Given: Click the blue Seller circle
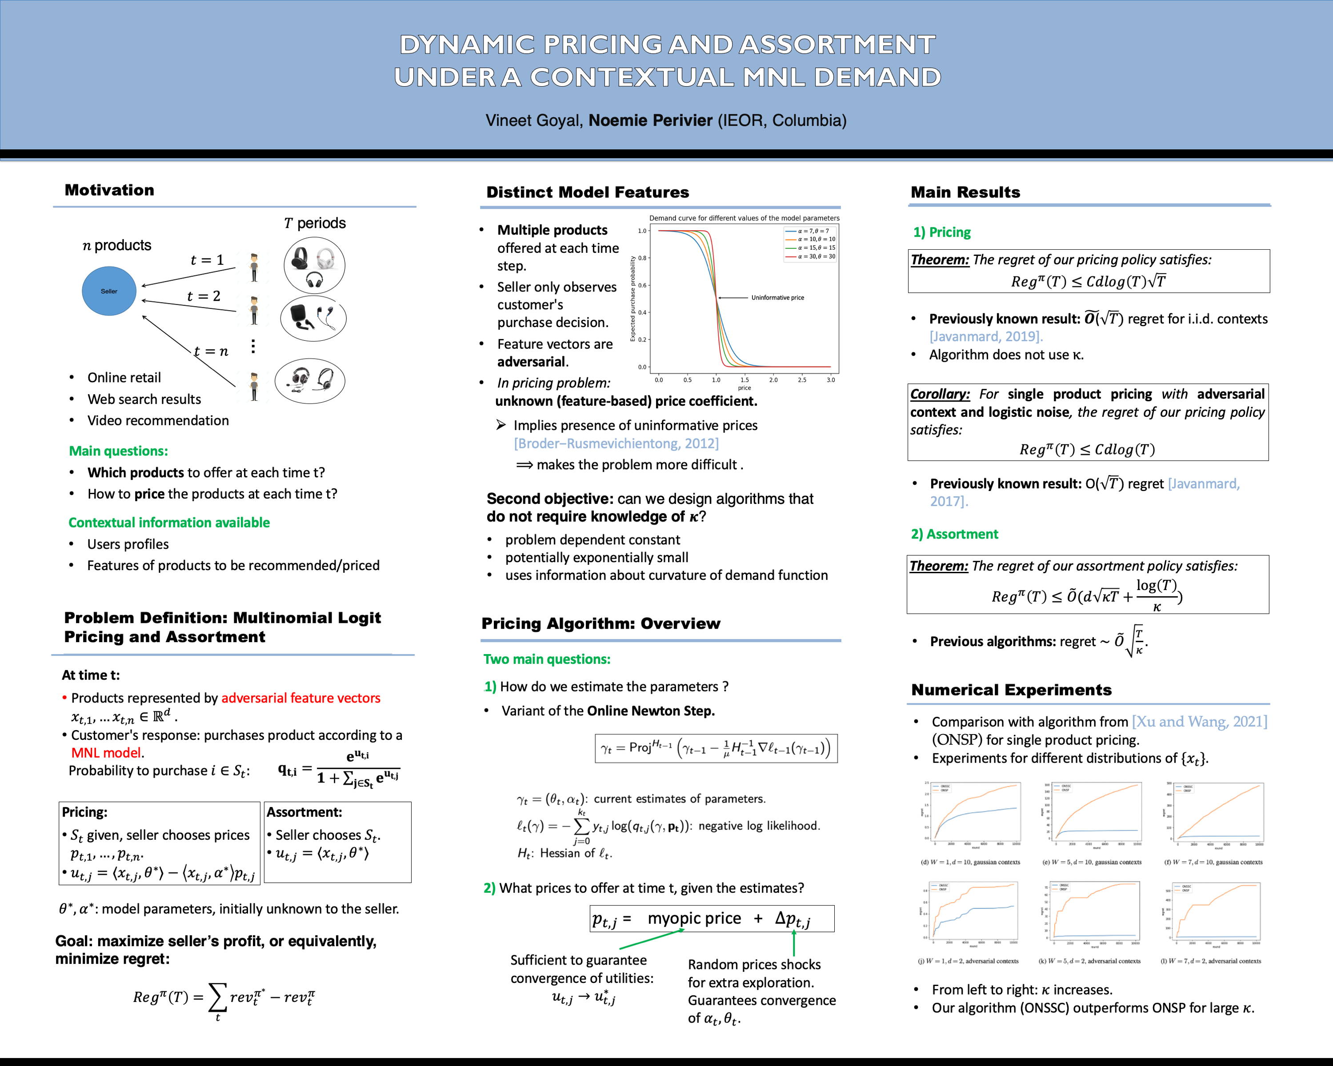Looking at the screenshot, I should click(x=109, y=291).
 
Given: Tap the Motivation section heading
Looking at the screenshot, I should click(x=109, y=190).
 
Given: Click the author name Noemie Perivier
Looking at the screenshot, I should click(x=650, y=120).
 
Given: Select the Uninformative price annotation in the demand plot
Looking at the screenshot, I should click(x=777, y=298).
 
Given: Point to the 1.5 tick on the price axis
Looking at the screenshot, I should click(x=745, y=380).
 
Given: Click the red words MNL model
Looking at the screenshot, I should click(x=106, y=753).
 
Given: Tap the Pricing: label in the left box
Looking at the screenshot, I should click(x=85, y=812).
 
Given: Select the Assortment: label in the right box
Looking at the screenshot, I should click(x=304, y=812).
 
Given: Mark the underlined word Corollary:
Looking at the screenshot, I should click(x=940, y=394).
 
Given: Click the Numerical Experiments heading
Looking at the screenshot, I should click(x=1011, y=690).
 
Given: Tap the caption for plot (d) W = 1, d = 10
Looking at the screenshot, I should click(x=970, y=862).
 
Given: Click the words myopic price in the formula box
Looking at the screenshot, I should click(x=694, y=919).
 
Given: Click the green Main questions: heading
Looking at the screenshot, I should click(x=118, y=451).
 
